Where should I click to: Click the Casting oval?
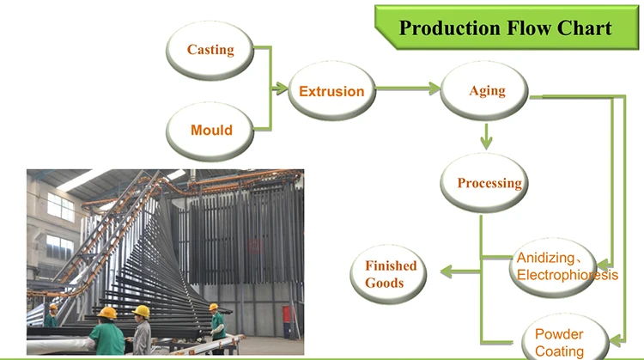coord(210,50)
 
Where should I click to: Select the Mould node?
coord(210,131)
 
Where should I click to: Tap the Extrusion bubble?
coord(331,91)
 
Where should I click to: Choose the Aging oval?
coord(483,91)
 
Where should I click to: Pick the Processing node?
coord(483,183)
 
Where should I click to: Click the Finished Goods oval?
coord(388,274)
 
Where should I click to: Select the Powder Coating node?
coord(565,337)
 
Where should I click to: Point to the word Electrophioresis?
coord(568,275)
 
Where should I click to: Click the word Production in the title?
coord(450,28)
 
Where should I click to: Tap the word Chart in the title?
coord(585,28)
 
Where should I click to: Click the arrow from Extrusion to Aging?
coord(408,88)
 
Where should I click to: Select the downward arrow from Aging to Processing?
coord(486,137)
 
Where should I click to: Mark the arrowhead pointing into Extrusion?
coord(281,88)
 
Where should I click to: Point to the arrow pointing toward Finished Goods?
coord(460,272)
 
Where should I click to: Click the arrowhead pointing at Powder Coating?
coord(617,340)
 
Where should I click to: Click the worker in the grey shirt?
coord(142,330)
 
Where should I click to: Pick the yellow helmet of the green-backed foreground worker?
coord(107,313)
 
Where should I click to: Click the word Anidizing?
coord(545,258)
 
